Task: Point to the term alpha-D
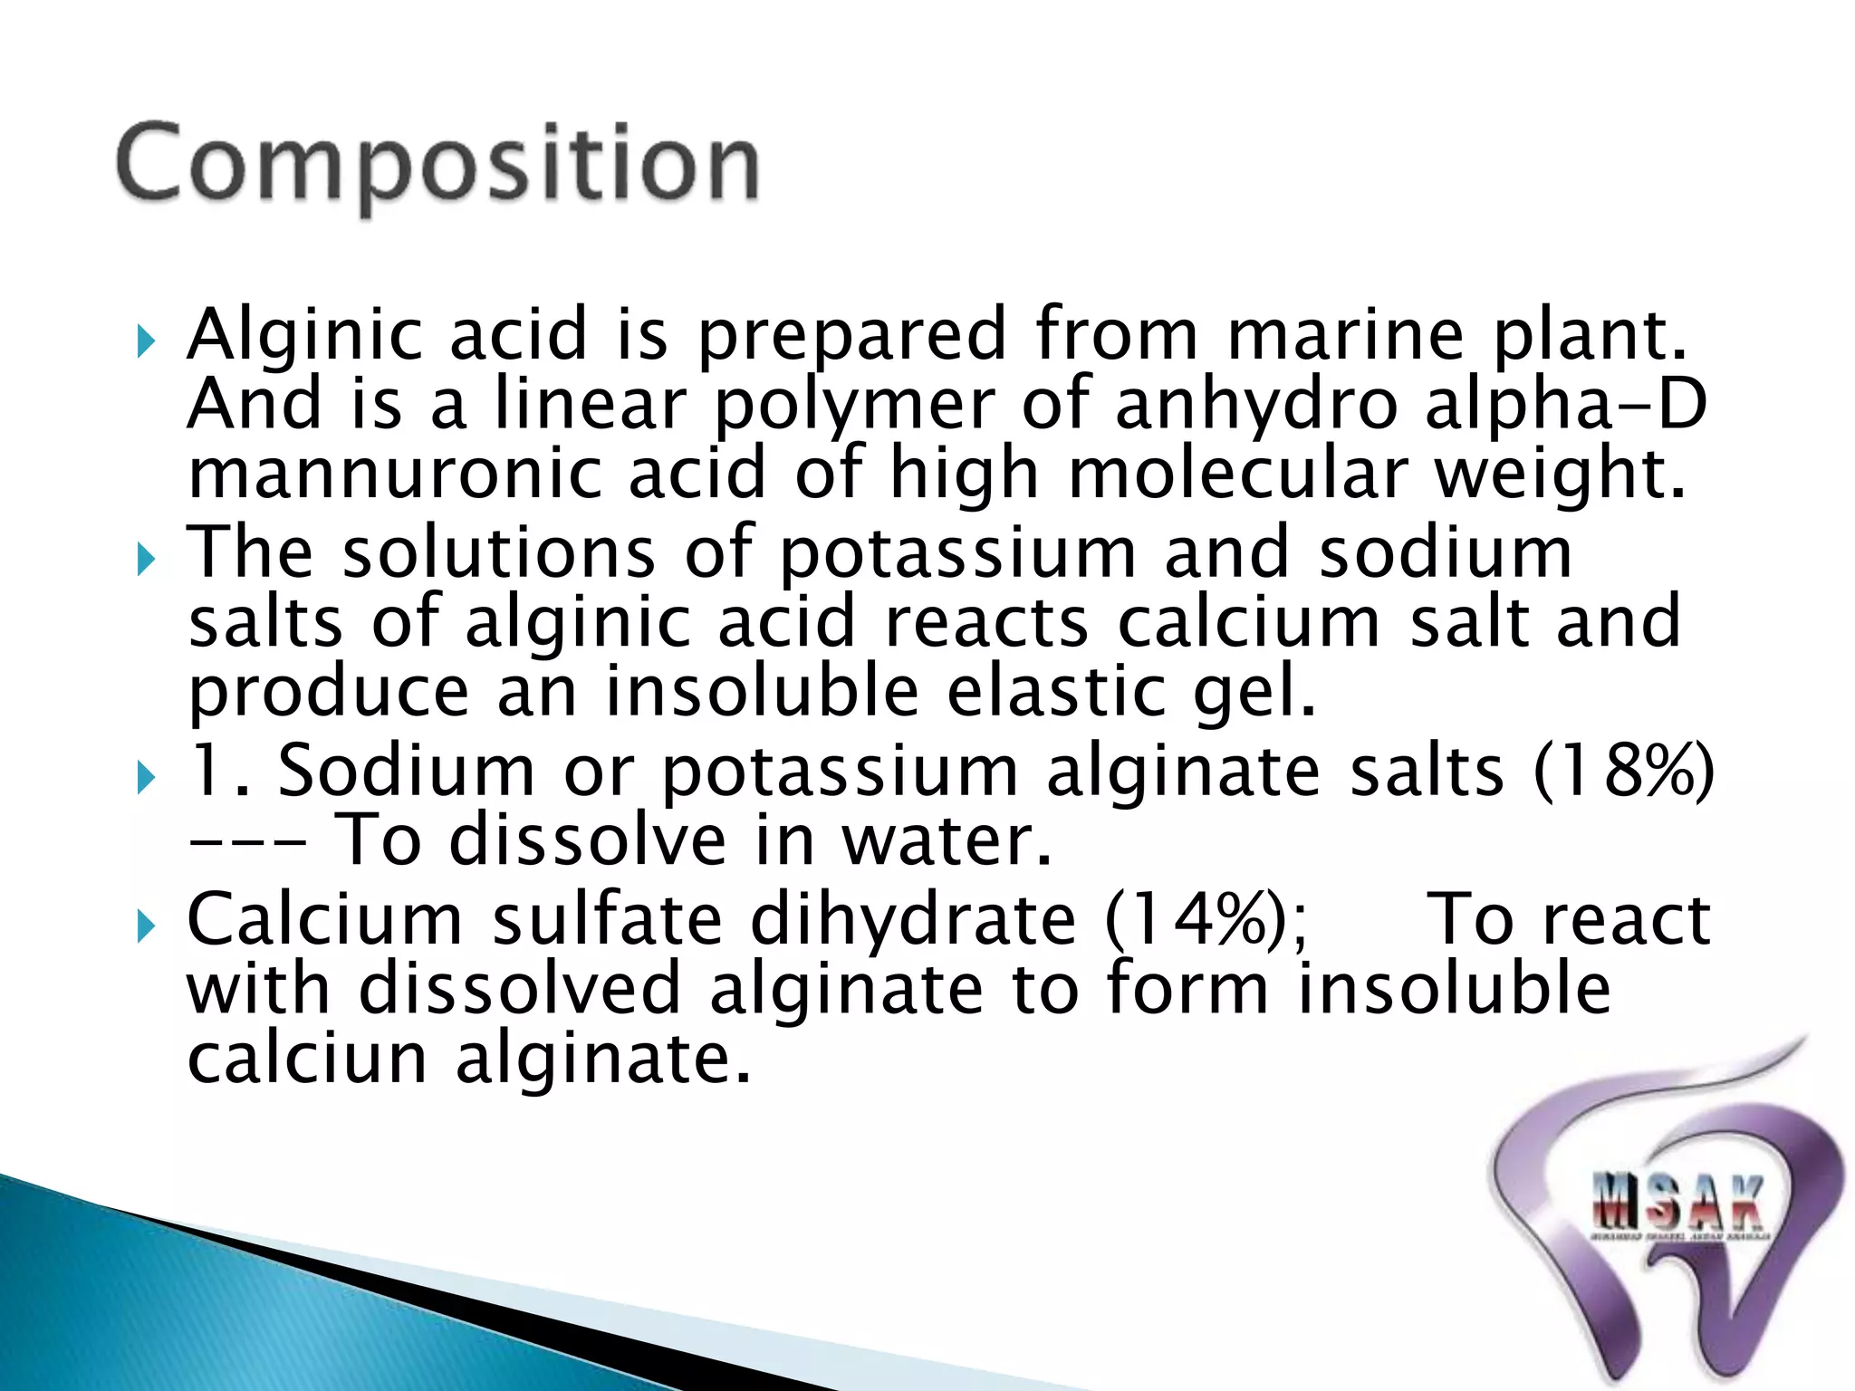pos(1565,404)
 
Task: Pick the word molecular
pos(1238,474)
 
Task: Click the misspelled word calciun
pos(306,1059)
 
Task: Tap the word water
pos(947,841)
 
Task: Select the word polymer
pos(854,406)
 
